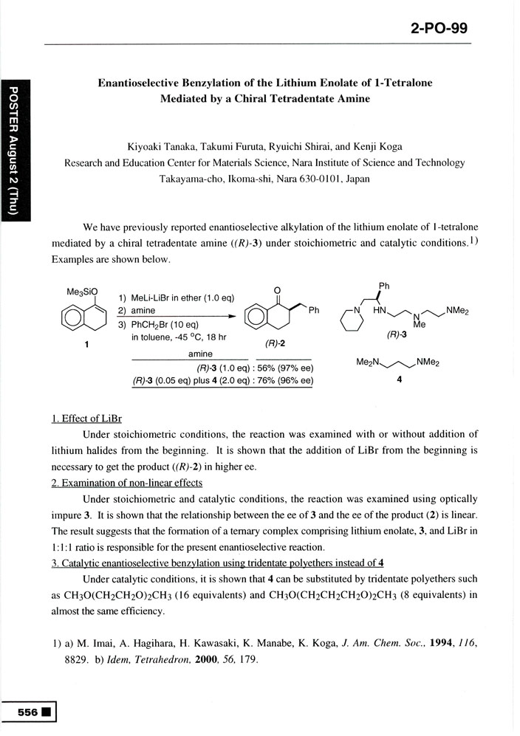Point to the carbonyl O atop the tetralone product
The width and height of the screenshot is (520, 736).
tap(276, 289)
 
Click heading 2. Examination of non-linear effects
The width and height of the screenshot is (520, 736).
tap(127, 483)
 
